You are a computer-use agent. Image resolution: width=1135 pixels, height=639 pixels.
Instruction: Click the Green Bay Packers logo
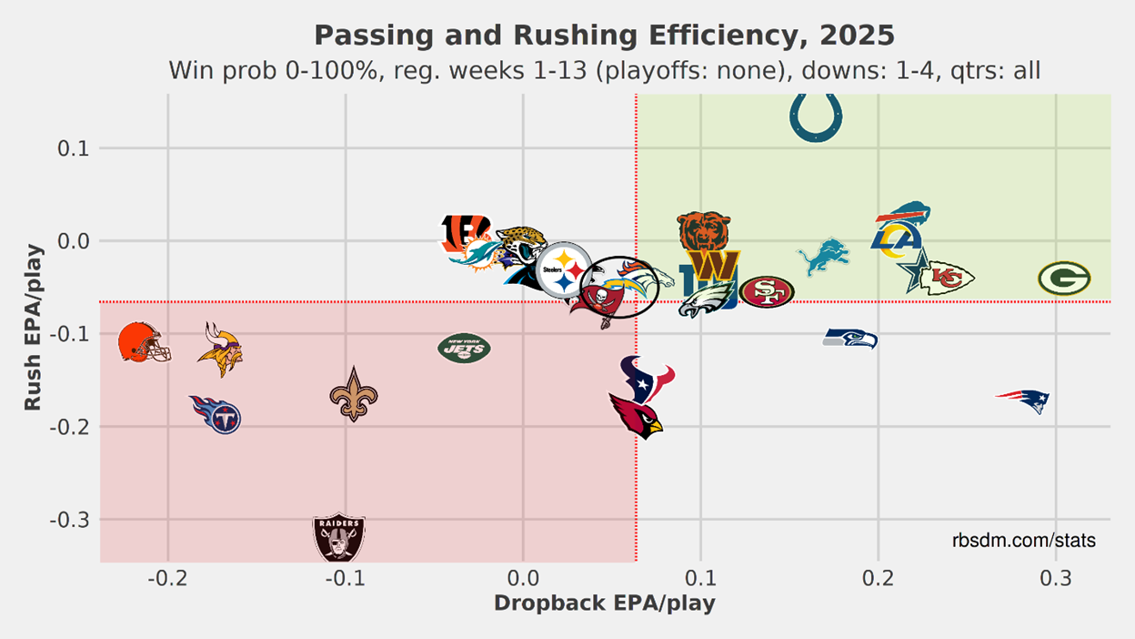coord(1064,279)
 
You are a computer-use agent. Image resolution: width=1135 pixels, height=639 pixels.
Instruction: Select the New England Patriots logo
coord(1024,399)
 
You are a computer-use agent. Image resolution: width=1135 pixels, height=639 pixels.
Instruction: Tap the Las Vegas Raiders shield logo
coord(338,537)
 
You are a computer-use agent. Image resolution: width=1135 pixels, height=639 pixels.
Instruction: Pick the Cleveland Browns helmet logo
coord(144,342)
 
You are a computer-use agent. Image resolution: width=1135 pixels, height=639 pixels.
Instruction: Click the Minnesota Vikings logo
coord(219,350)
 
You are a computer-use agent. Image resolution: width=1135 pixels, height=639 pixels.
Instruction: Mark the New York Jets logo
coord(464,348)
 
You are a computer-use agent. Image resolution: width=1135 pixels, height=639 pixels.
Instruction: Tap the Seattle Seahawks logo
coord(850,339)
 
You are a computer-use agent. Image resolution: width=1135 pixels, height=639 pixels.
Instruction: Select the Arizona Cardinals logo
coord(637,416)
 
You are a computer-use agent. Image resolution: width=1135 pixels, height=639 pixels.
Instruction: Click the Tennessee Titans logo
coord(216,414)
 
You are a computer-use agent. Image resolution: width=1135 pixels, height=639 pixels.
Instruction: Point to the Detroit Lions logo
coord(824,257)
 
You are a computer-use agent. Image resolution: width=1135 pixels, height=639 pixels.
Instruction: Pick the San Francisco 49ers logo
coord(767,291)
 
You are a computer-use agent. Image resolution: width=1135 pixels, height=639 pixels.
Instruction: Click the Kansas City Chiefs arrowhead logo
coord(947,279)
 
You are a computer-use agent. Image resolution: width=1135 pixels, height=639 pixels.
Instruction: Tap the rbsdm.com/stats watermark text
coord(1024,541)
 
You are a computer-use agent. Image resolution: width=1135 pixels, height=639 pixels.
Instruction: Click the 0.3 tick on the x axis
coord(1056,579)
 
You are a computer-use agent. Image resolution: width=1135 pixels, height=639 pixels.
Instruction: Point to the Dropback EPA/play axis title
coord(604,603)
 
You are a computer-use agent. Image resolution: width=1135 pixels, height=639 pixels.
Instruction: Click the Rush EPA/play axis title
coord(33,326)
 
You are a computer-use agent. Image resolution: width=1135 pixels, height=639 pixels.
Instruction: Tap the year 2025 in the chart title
coord(857,35)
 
